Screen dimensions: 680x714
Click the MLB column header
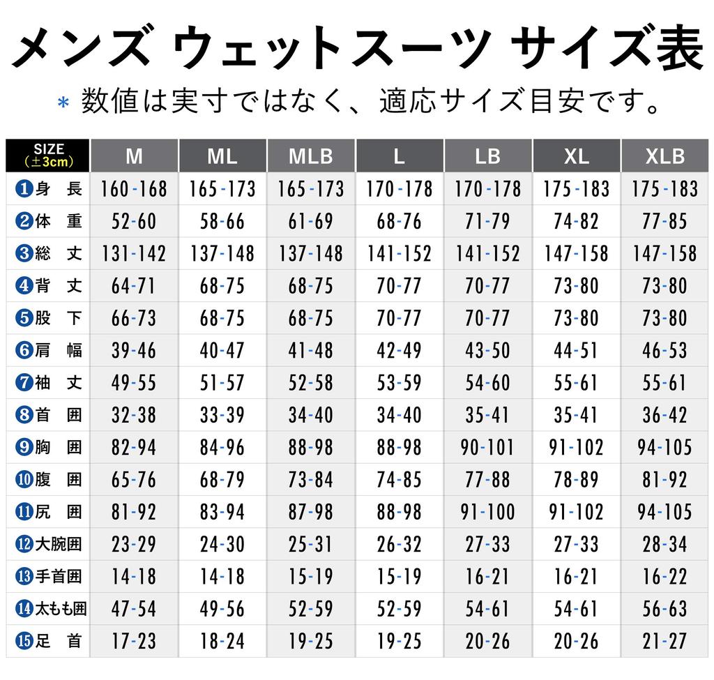pyautogui.click(x=311, y=156)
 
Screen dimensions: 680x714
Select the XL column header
pyautogui.click(x=577, y=156)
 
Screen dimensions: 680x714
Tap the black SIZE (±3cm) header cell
pyautogui.click(x=48, y=156)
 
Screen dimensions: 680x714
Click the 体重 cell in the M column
pyautogui.click(x=134, y=221)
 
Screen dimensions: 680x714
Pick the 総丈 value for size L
pyautogui.click(x=400, y=253)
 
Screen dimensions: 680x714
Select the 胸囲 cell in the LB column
pyautogui.click(x=487, y=447)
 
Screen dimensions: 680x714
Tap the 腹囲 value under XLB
pyautogui.click(x=665, y=479)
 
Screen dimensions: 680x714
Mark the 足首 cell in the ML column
pyautogui.click(x=222, y=641)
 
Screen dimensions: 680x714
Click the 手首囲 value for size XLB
pyautogui.click(x=665, y=576)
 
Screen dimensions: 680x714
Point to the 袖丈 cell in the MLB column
pyautogui.click(x=311, y=382)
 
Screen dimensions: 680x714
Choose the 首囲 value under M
pyautogui.click(x=134, y=415)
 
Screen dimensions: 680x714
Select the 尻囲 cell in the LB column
pyautogui.click(x=487, y=512)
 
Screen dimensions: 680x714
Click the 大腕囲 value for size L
pyautogui.click(x=400, y=544)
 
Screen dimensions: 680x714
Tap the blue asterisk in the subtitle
pyautogui.click(x=63, y=103)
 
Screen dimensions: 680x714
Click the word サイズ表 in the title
pyautogui.click(x=606, y=51)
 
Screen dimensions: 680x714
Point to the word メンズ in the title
pyautogui.click(x=81, y=51)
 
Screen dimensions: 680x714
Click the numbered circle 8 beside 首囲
pyautogui.click(x=24, y=415)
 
